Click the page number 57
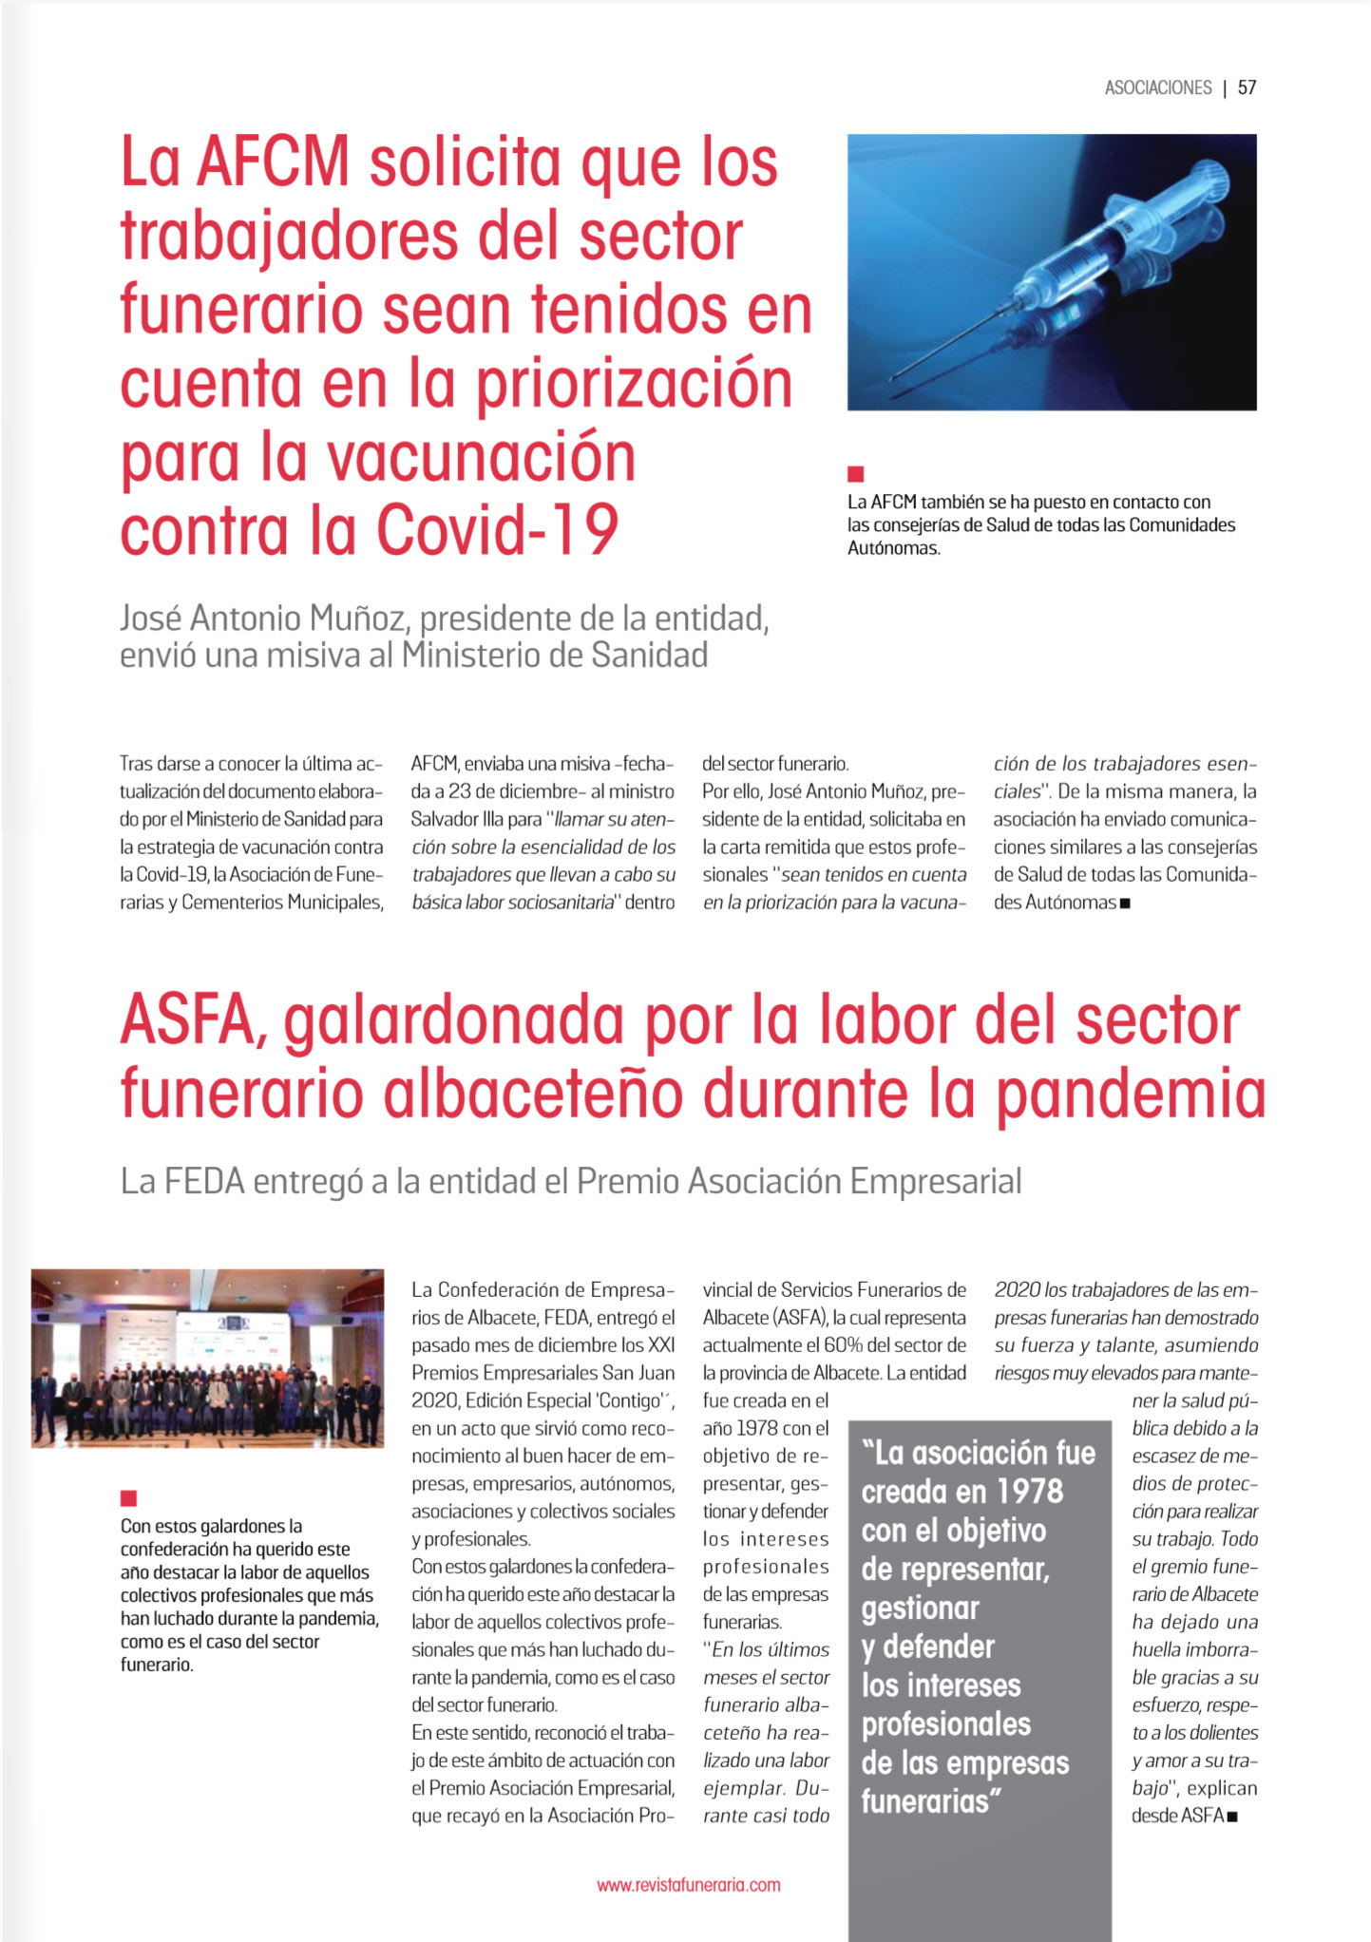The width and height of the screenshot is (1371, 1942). (1247, 87)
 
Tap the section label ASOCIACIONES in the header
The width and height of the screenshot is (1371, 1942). (1157, 87)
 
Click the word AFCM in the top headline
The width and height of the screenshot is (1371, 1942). (273, 162)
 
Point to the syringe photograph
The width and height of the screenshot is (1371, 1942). (1051, 272)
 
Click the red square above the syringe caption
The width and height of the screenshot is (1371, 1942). (855, 473)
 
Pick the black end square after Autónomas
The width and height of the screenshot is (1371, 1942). (1125, 904)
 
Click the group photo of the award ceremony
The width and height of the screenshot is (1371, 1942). (207, 1358)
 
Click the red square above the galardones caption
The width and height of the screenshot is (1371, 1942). (128, 1498)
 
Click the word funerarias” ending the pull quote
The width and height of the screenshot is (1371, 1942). (931, 1801)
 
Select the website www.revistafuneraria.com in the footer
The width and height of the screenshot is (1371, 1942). (688, 1885)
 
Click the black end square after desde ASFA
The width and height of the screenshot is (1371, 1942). (1232, 1817)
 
